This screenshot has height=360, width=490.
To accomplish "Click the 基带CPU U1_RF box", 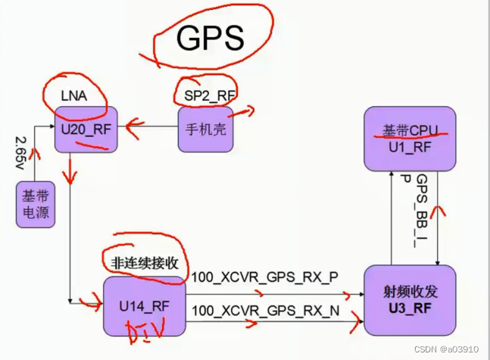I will tap(410, 138).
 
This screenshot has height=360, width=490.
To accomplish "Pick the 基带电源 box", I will tap(36, 205).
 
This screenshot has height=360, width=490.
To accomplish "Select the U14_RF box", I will tap(144, 305).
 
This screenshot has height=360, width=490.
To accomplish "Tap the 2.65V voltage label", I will tap(20, 156).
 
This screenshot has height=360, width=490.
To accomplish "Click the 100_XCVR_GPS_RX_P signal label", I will tap(264, 277).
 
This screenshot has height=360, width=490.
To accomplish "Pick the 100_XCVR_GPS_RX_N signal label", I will tap(264, 311).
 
